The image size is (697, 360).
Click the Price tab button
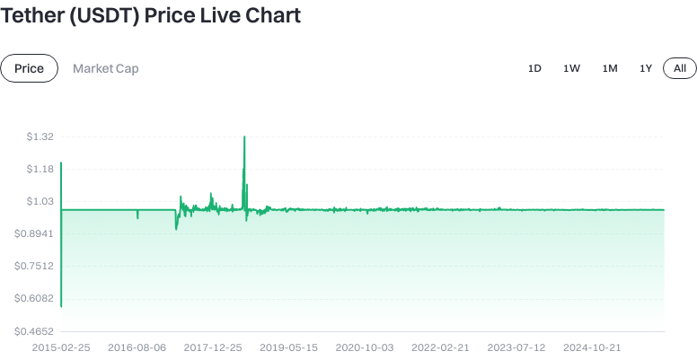pos(29,68)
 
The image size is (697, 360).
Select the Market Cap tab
pos(106,68)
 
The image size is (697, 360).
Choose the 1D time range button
pos(534,68)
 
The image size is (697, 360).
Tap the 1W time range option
pos(572,68)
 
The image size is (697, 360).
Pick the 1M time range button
pos(610,68)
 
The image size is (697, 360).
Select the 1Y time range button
pos(646,68)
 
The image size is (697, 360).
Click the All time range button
pos(680,68)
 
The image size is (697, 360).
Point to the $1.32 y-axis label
pos(40,136)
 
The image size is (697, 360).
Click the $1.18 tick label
pos(40,169)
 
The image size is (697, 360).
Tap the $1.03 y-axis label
pos(40,201)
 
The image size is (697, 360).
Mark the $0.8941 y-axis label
pos(36,233)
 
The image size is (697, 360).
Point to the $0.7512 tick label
pos(36,266)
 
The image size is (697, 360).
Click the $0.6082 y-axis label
pos(36,298)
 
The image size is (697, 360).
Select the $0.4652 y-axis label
pos(36,330)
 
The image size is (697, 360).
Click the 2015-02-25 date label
pos(61,346)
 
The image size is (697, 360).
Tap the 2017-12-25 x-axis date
pos(213,346)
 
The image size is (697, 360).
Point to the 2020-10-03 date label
pos(365,346)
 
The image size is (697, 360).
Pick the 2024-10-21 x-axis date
pos(593,346)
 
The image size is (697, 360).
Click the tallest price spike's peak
pos(244,137)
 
